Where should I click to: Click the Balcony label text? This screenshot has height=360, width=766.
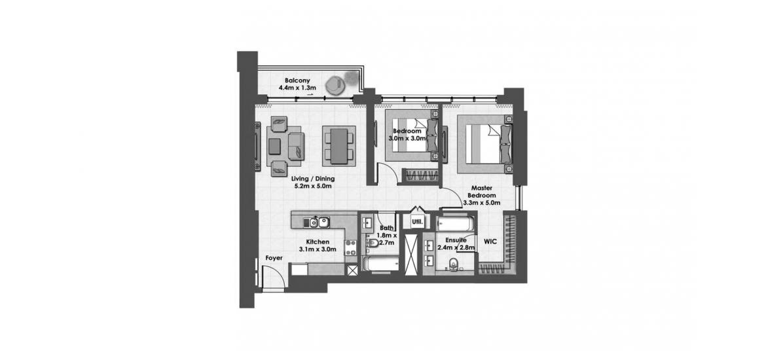pyautogui.click(x=297, y=81)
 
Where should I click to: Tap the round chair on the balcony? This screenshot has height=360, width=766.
pyautogui.click(x=336, y=84)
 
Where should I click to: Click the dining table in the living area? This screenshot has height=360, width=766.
pyautogui.click(x=338, y=145)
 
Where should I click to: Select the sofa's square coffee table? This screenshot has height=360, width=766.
pyautogui.click(x=275, y=146)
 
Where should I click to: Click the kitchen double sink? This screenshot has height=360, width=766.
pyautogui.click(x=318, y=223)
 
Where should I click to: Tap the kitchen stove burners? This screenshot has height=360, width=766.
pyautogui.click(x=350, y=247)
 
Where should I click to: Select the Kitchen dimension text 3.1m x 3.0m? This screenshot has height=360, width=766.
pyautogui.click(x=318, y=249)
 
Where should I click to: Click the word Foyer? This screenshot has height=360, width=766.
pyautogui.click(x=274, y=257)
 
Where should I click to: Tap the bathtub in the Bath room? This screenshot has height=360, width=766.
pyautogui.click(x=381, y=264)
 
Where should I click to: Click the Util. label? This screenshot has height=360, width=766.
pyautogui.click(x=417, y=221)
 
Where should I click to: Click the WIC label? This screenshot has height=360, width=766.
pyautogui.click(x=490, y=242)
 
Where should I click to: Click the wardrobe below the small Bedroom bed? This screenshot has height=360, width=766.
pyautogui.click(x=418, y=175)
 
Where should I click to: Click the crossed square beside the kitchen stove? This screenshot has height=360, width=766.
pyautogui.click(x=352, y=270)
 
